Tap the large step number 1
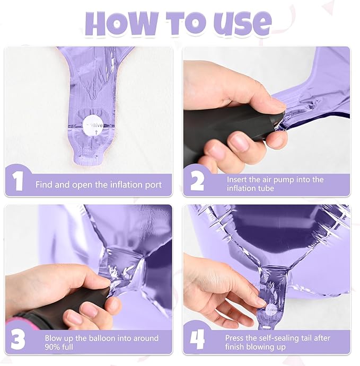click(x=18, y=181)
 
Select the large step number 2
click(x=197, y=181)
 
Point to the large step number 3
click(x=18, y=339)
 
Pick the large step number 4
click(x=197, y=339)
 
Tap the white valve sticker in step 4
click(x=271, y=310)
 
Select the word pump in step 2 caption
click(x=283, y=180)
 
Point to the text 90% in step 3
click(x=53, y=347)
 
